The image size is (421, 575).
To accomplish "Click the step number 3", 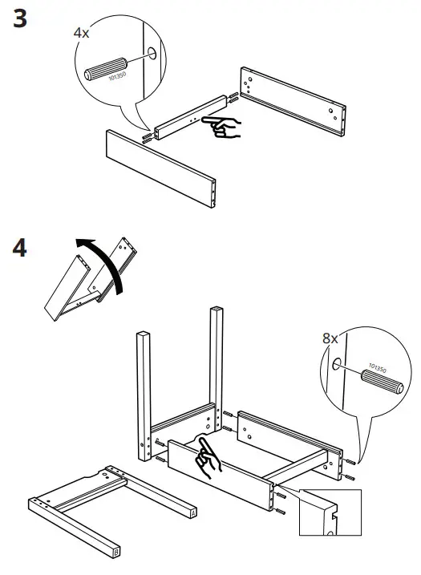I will pos(22,18).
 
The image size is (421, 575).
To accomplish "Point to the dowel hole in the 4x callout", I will pos(152,55).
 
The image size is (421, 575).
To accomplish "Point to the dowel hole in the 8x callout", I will pos(336,363).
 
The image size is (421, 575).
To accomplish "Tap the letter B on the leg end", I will pos(117,553).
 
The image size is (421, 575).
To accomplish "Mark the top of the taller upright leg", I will pos(217,310).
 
